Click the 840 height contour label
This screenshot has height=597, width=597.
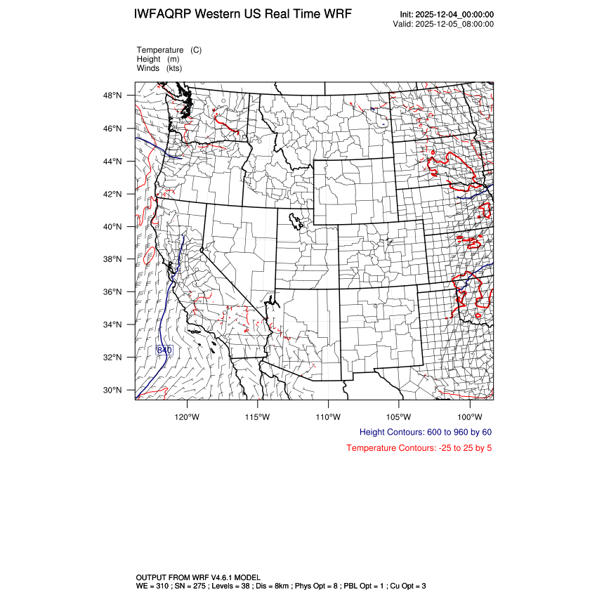164,350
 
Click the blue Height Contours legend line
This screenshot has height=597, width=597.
426,432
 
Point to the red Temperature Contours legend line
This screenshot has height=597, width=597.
419,448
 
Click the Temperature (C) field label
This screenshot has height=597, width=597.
169,51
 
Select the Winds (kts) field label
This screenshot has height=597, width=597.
159,68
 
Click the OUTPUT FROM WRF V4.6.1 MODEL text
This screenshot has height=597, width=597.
199,577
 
